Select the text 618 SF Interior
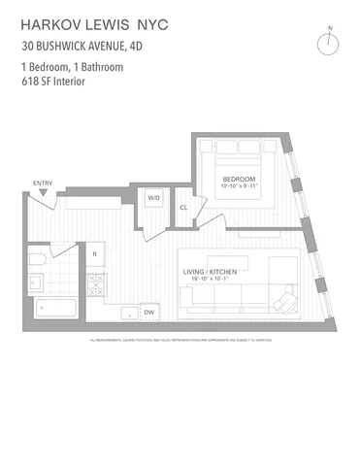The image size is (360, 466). [53, 82]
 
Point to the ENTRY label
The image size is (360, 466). [43, 183]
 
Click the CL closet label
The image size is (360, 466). [183, 207]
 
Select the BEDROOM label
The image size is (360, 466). [238, 180]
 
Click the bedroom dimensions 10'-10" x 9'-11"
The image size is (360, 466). [238, 187]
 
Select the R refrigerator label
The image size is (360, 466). [94, 254]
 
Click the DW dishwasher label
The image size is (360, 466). [149, 313]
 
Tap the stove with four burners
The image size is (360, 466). [97, 283]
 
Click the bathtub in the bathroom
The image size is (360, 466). [56, 310]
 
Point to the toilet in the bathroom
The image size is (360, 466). [36, 262]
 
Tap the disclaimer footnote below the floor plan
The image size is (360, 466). [180, 341]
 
